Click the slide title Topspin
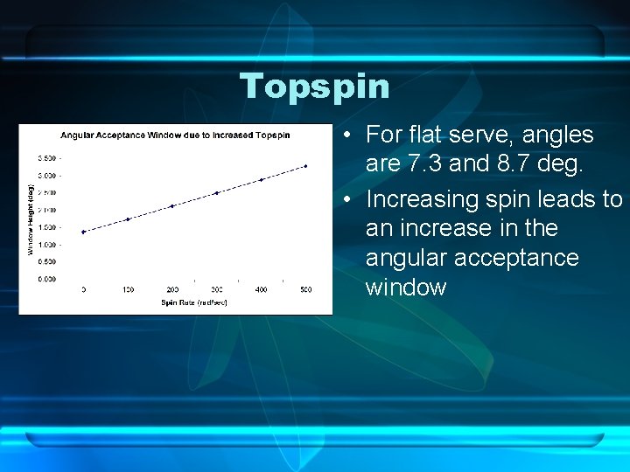point(315,86)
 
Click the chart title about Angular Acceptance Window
point(175,135)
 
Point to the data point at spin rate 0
point(83,232)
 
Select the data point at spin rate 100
point(128,219)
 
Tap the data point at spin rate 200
point(172,206)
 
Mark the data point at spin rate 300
point(216,193)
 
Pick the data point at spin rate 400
point(261,179)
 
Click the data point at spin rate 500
point(305,166)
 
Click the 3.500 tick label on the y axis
point(47,158)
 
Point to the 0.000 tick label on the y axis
point(47,279)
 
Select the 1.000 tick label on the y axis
point(47,245)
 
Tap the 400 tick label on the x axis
point(261,288)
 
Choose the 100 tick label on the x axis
point(128,288)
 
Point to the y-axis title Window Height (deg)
point(29,219)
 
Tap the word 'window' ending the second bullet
point(406,287)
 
